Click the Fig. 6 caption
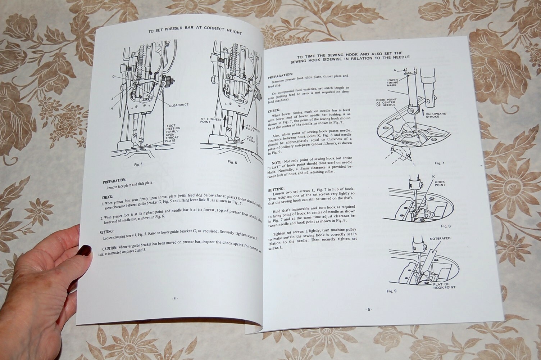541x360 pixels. pos(232,162)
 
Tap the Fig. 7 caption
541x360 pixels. pos(440,163)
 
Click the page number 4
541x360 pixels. pos(174,298)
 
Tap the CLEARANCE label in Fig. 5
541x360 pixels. pos(179,105)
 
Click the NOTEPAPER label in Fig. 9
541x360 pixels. pos(440,238)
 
